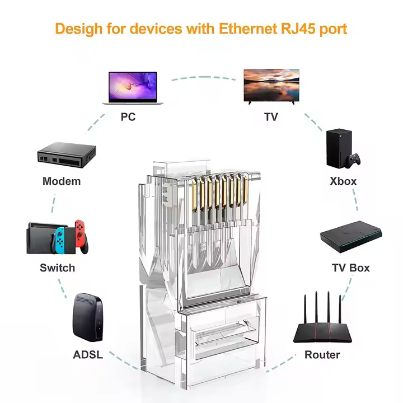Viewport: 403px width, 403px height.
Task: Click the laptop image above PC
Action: pyautogui.click(x=133, y=87)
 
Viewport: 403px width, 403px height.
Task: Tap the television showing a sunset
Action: pyautogui.click(x=271, y=85)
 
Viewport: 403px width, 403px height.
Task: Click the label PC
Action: pyautogui.click(x=128, y=117)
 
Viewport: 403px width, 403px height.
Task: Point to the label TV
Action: pyautogui.click(x=271, y=117)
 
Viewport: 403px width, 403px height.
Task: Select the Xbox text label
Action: pyautogui.click(x=343, y=181)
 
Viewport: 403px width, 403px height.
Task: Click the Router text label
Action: pyautogui.click(x=322, y=355)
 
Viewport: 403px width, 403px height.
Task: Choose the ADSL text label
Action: pyautogui.click(x=88, y=355)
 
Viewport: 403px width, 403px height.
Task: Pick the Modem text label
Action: pyautogui.click(x=62, y=181)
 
